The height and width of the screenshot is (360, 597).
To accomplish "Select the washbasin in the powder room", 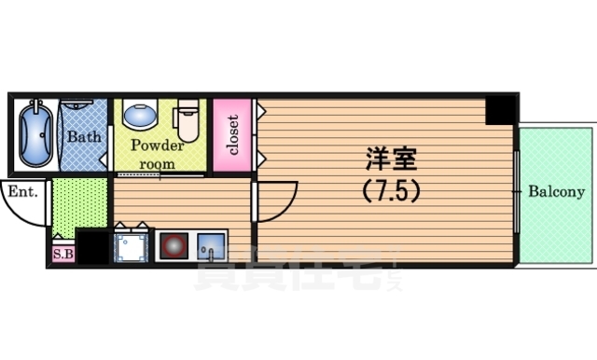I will tap(141, 116).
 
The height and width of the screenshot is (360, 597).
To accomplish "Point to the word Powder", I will tap(157, 146).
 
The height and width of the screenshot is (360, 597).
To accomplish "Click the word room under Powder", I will tap(157, 163).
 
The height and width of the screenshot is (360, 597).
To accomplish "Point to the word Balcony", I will tap(557, 193).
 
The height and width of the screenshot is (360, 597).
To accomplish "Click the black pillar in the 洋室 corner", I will tap(500, 111).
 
